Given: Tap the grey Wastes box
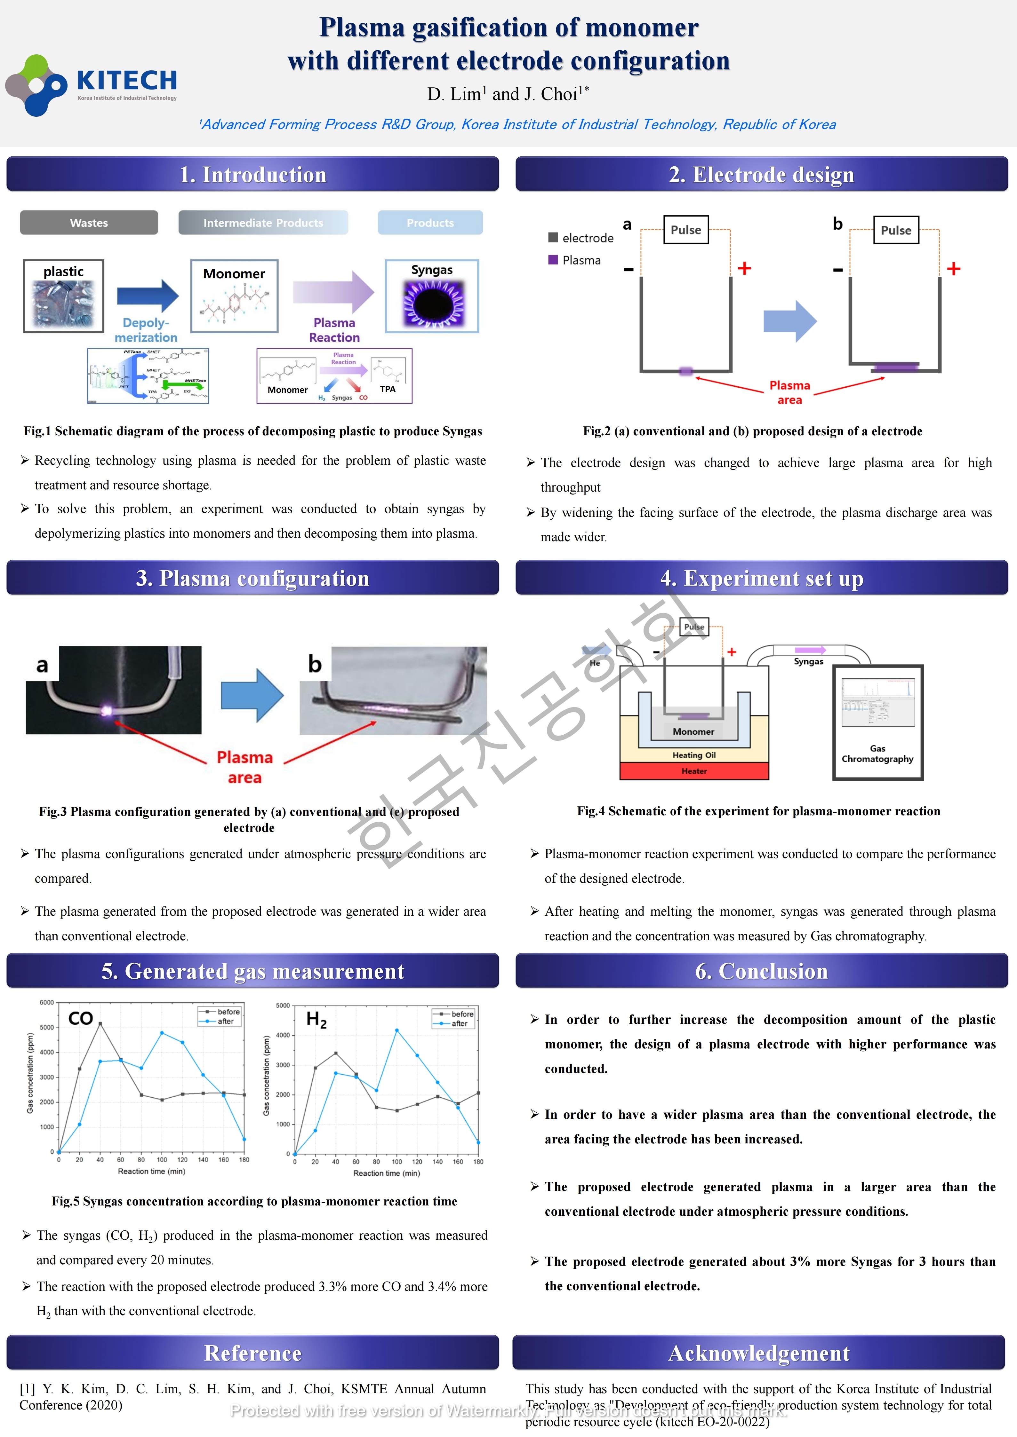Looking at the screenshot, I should (x=89, y=223).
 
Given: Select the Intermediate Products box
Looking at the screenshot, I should (x=263, y=223).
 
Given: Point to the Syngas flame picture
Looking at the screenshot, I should (x=432, y=303).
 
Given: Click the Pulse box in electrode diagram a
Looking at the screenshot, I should (x=686, y=230).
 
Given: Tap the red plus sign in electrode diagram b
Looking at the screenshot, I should (x=953, y=269).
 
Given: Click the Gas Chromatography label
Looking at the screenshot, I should (x=877, y=754).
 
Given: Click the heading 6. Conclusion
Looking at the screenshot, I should (x=762, y=971).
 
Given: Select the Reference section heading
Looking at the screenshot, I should (x=253, y=1353).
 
